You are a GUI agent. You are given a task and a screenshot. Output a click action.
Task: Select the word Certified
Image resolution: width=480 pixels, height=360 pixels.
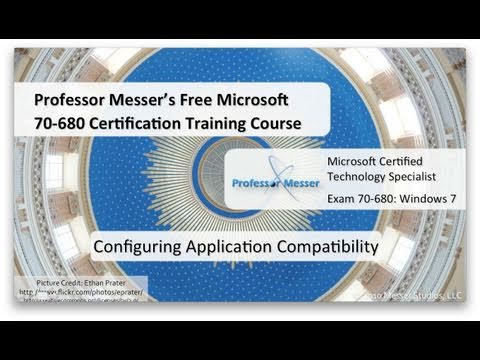412,162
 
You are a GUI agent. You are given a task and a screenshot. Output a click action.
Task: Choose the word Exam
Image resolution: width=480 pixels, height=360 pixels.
344,199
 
